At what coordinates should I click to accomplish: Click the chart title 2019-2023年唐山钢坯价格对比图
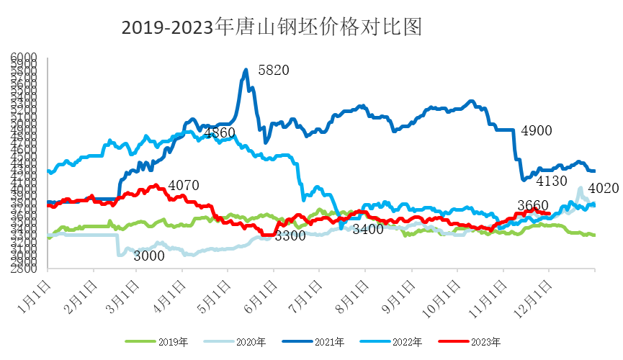click(x=271, y=27)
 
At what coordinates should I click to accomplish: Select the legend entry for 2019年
click(x=152, y=341)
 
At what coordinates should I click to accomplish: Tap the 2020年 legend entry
click(x=234, y=341)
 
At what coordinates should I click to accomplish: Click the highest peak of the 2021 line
click(x=246, y=70)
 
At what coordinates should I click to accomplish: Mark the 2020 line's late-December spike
click(x=581, y=188)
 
